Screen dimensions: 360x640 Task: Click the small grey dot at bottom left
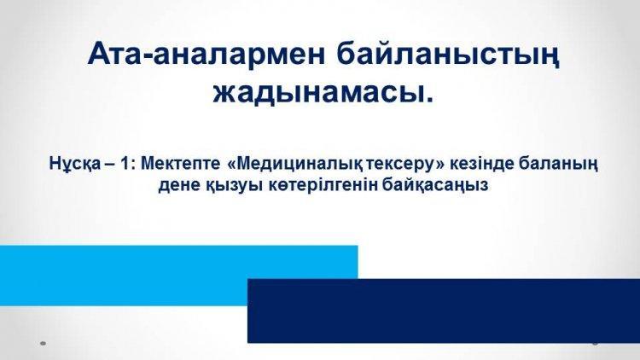[43, 343]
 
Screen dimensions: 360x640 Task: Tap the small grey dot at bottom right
[596, 343]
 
